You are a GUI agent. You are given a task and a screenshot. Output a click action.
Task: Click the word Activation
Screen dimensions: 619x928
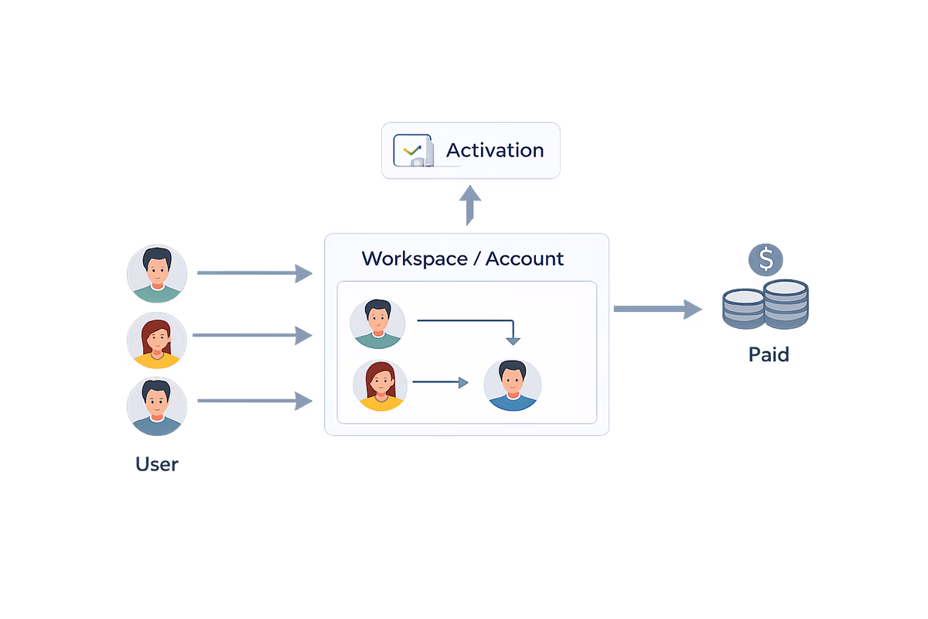495,150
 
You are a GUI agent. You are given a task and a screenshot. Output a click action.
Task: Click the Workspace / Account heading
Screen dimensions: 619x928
462,258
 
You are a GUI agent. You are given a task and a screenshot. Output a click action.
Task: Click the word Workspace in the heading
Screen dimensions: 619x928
414,258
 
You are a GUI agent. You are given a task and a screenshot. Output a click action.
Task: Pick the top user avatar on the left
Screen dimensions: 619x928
157,274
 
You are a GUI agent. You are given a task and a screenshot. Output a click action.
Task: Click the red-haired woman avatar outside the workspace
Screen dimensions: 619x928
157,340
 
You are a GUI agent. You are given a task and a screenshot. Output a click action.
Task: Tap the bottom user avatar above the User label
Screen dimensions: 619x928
157,405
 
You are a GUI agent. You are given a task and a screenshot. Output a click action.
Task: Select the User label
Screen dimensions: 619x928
157,464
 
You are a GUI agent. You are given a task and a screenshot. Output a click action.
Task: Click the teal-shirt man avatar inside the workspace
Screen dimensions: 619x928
377,322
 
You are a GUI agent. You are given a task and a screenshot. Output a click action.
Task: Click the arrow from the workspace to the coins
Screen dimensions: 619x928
657,309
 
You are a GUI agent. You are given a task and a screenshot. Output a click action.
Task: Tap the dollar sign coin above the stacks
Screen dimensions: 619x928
766,260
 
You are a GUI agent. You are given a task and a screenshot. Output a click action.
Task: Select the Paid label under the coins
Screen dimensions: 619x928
768,354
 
